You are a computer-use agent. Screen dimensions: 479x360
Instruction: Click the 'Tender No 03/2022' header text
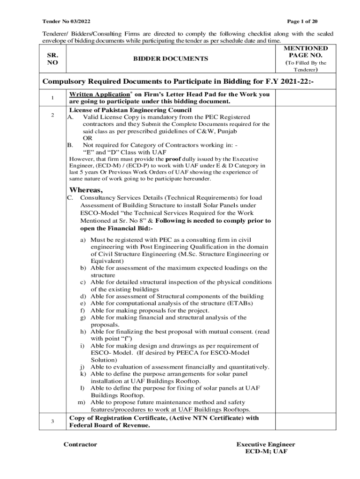pos(66,22)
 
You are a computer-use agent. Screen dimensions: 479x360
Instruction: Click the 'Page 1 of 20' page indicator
pos(302,22)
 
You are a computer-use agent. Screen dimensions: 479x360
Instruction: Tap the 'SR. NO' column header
pos(52,59)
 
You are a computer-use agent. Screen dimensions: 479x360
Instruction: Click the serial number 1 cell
pos(53,98)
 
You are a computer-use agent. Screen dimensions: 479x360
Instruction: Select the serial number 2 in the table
pos(53,115)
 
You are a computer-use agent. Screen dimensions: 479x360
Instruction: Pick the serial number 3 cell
pos(53,421)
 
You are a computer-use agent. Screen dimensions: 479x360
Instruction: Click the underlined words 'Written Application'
pos(99,94)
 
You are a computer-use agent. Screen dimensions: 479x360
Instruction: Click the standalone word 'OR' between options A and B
pos(87,138)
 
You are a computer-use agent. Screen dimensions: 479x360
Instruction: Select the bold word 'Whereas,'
pos(86,190)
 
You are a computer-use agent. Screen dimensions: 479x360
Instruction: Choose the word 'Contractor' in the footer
pos(80,444)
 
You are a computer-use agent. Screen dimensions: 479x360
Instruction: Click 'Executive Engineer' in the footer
pos(266,444)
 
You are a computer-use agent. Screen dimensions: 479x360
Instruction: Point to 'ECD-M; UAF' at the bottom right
pos(266,452)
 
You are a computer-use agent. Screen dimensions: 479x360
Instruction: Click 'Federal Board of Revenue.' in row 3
pos(109,426)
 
